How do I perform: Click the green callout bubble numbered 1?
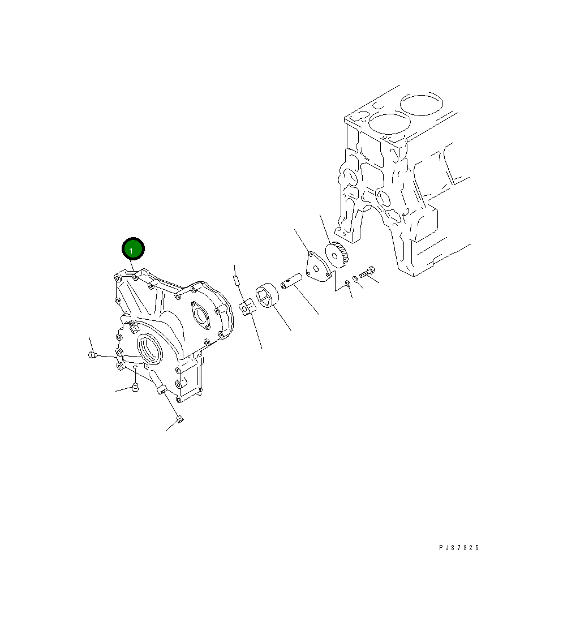[x=133, y=249]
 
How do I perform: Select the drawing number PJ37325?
[x=459, y=547]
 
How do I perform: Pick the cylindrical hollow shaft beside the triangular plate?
[x=291, y=281]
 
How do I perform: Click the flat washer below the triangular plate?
[x=347, y=283]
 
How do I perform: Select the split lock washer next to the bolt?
[x=355, y=279]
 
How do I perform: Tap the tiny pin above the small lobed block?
[x=236, y=280]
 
